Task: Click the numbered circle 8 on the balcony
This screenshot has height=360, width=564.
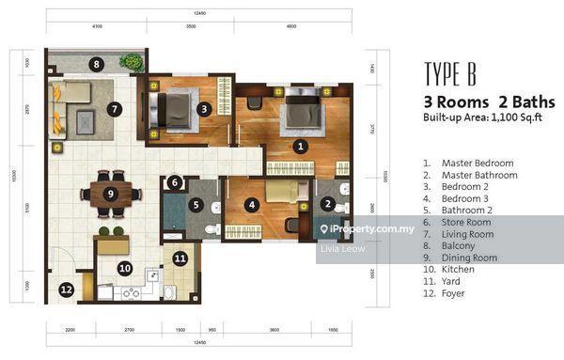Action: (95, 64)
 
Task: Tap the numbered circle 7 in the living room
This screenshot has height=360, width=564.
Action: (114, 109)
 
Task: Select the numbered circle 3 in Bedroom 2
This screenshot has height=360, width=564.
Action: (204, 109)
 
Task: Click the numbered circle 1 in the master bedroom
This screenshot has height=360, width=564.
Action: (300, 146)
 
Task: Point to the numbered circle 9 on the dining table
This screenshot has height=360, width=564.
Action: (110, 195)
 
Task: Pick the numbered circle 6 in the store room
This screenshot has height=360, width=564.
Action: (175, 184)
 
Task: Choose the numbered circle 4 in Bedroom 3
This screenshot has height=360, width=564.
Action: (251, 203)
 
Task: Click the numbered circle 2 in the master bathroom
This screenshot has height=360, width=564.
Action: (327, 203)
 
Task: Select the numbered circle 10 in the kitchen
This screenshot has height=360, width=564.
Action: (124, 268)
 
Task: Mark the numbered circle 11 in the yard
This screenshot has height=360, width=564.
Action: (180, 257)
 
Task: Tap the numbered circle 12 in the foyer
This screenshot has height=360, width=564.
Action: (66, 290)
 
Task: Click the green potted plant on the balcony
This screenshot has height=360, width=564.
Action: (131, 62)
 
